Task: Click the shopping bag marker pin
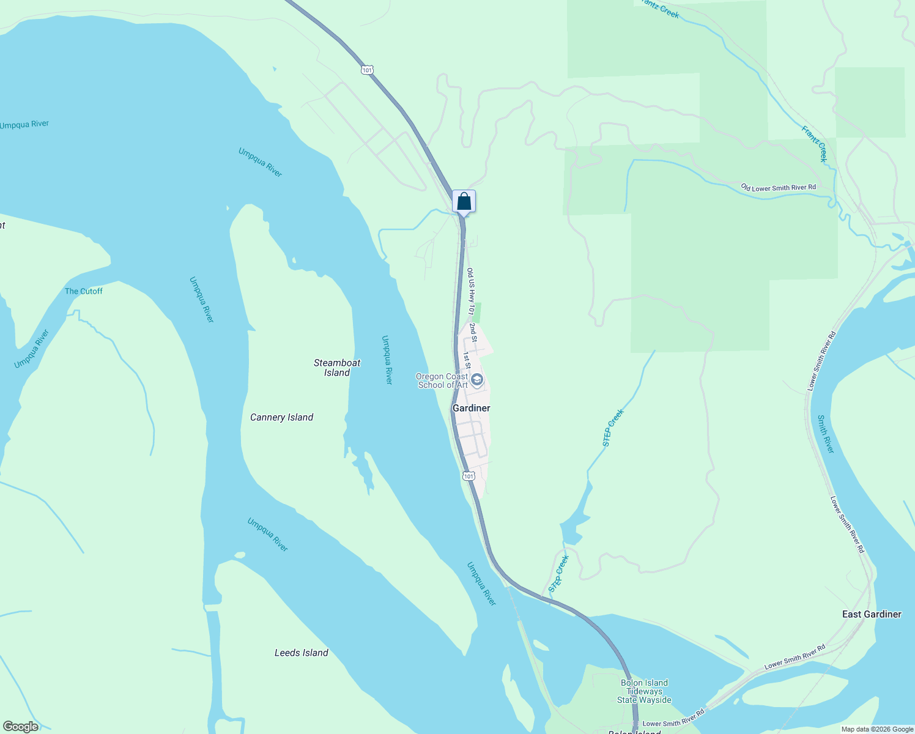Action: pos(464,201)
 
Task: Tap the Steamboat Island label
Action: pos(337,368)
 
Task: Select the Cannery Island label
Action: pos(281,417)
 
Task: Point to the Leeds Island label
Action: pos(301,653)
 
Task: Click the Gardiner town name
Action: pos(471,408)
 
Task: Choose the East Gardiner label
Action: pos(871,614)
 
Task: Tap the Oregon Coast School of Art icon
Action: pos(477,380)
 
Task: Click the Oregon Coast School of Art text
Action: pos(442,380)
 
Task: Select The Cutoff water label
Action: pos(84,291)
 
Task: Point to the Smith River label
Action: pos(826,434)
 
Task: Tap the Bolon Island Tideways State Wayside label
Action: pos(644,691)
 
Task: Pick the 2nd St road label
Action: pos(473,333)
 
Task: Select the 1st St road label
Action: pos(466,360)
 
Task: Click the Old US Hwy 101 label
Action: pos(470,291)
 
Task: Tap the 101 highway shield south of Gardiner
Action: pos(468,476)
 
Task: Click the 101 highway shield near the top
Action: pos(366,70)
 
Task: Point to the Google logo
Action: pos(20,727)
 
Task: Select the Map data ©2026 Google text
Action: pos(877,729)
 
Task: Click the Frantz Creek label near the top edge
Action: pos(661,9)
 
